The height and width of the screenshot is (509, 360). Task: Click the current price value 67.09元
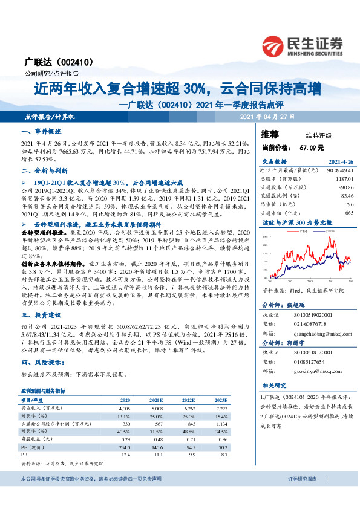[x=311, y=147]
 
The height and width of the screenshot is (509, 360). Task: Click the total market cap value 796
[x=349, y=204]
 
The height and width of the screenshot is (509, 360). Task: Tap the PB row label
[x=24, y=454]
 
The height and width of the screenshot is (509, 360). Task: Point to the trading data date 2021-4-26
[x=340, y=162]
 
